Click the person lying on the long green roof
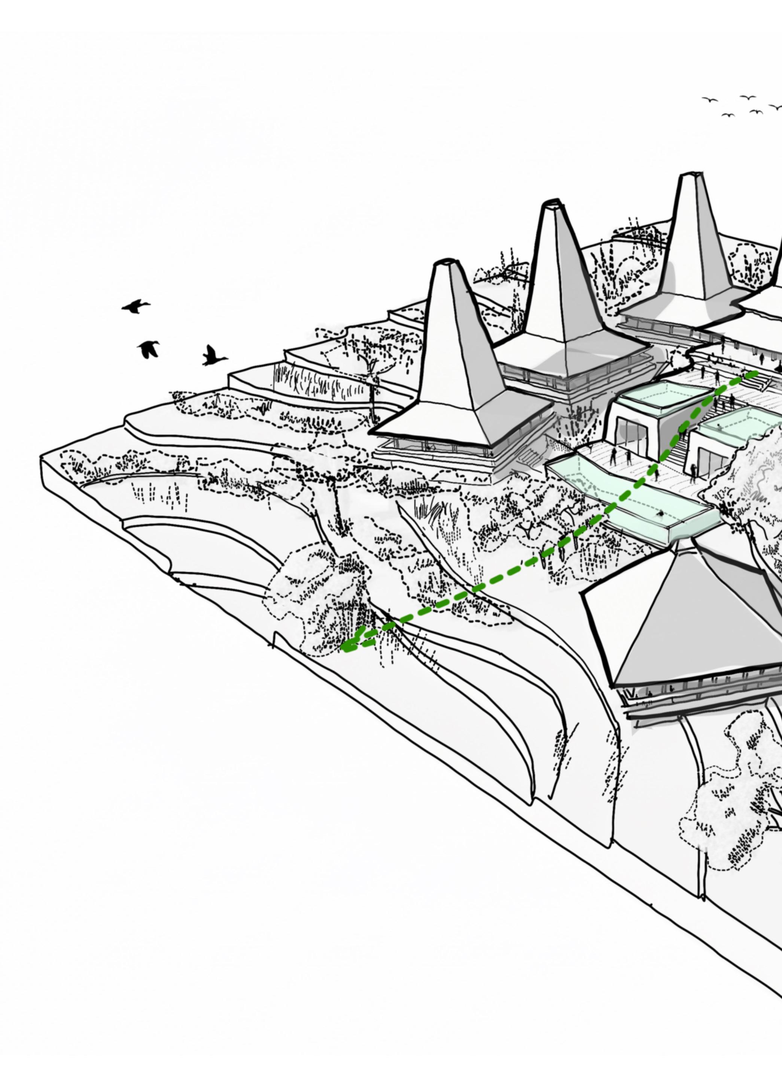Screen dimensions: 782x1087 click(661, 514)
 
